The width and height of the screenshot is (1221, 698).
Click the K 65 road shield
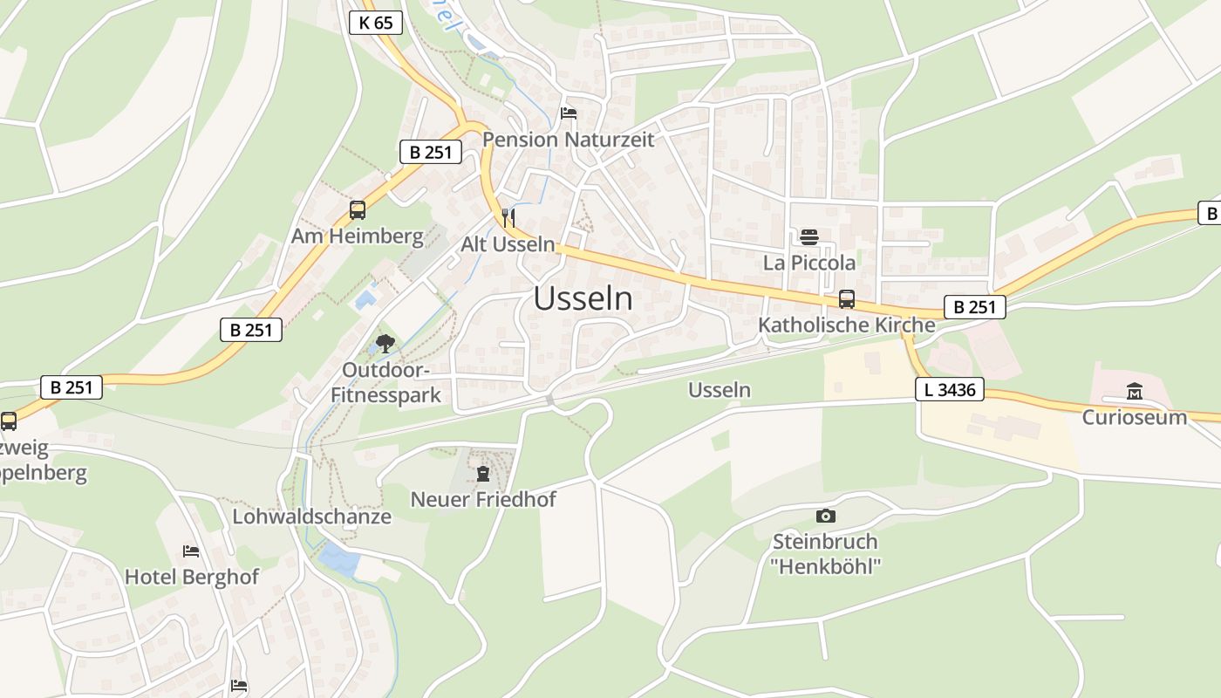376,23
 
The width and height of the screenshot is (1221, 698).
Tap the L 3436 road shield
950,389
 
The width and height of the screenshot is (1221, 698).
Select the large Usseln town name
583,298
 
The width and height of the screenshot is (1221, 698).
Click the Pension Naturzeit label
568,140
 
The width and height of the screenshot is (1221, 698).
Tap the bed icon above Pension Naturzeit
569,113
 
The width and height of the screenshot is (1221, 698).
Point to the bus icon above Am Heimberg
357,209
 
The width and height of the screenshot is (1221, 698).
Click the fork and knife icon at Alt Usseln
508,218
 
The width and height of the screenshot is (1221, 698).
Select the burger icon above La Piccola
808,236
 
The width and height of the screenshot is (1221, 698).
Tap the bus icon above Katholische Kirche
846,299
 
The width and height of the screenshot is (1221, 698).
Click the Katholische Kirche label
846,325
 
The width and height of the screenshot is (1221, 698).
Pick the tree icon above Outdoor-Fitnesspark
384,344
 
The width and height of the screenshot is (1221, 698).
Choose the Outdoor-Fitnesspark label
385,382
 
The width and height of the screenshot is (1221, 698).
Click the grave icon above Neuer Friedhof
483,474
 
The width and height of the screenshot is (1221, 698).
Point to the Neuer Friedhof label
483,500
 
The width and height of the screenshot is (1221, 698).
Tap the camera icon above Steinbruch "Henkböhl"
825,516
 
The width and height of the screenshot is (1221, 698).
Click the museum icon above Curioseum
1134,391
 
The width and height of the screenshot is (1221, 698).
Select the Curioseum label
1134,417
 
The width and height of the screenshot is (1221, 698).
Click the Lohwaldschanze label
311,517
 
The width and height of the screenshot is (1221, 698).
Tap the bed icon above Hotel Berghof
191,551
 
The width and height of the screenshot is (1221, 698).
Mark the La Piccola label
808,263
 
